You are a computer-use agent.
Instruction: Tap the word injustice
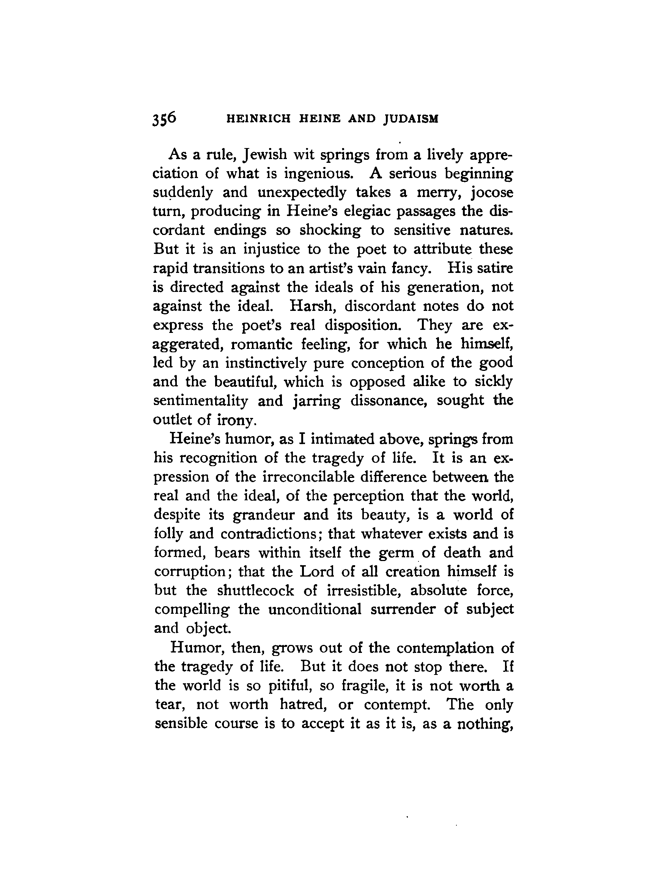click(272, 249)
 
